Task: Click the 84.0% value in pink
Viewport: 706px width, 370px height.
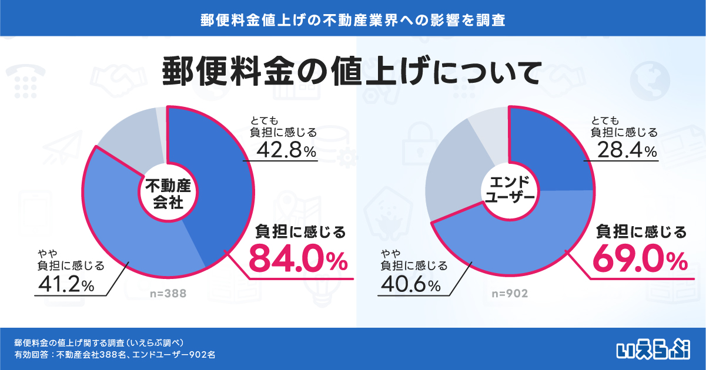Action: (298, 261)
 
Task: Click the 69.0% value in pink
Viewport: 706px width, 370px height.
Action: (640, 261)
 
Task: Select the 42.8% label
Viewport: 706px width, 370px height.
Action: (286, 150)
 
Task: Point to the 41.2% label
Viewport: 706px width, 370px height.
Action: (66, 284)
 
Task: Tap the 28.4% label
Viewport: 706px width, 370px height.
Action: (627, 150)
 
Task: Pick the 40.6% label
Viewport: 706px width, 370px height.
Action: (410, 284)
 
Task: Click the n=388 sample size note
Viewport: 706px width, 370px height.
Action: (168, 294)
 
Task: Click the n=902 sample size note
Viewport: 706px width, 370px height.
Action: (510, 294)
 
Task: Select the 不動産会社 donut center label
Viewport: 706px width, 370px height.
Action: (168, 194)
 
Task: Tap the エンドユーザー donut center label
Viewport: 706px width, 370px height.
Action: (510, 190)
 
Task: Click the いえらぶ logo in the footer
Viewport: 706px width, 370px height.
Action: (653, 349)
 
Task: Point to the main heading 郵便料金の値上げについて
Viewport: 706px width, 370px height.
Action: (351, 72)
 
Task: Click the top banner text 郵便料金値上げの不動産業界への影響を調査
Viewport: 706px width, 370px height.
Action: (353, 20)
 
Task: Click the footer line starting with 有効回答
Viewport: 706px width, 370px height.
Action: (115, 355)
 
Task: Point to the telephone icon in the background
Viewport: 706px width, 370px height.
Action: (25, 81)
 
